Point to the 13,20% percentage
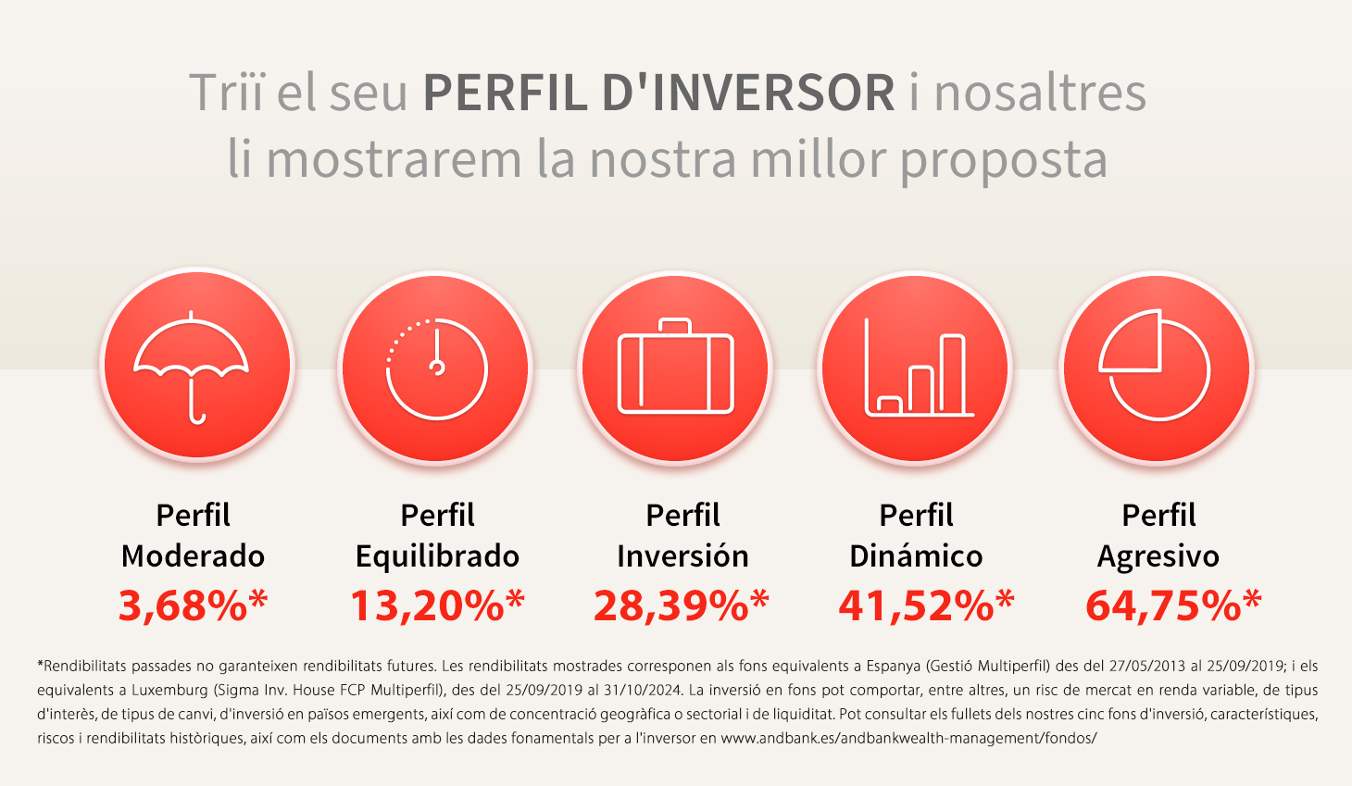coord(438,605)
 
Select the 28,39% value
coord(682,605)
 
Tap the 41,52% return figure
coord(926,605)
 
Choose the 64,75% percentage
coord(1173,605)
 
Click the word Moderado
coord(194,555)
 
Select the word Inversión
coord(682,555)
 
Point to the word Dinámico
coord(916,555)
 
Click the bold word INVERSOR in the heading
coord(748,93)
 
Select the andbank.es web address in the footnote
coord(908,739)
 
